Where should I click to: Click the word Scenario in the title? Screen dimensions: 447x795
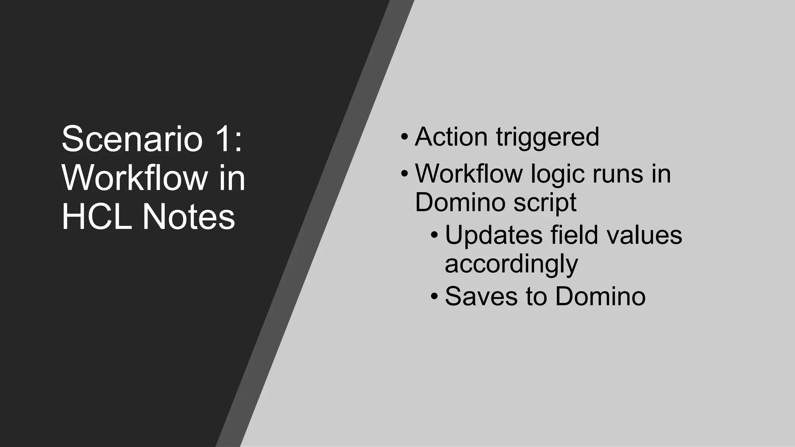(132, 139)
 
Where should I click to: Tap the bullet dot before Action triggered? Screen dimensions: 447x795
(404, 137)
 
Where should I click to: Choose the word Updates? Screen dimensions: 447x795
(493, 235)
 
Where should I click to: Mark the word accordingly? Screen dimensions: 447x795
(511, 265)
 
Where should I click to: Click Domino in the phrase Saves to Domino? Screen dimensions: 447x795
(600, 296)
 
